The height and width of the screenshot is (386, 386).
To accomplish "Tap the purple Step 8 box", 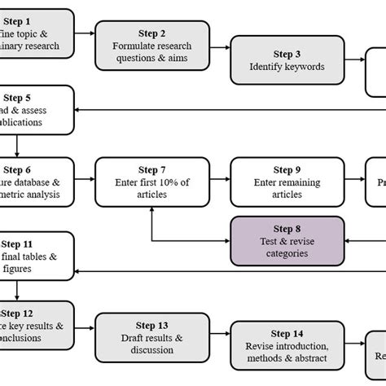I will [286, 240].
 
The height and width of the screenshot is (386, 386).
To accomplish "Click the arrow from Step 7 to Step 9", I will [217, 182].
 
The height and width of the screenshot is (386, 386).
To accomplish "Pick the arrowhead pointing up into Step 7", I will [151, 213].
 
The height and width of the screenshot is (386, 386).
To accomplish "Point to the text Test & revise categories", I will [286, 247].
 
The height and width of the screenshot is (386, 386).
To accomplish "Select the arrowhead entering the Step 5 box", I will [81, 111].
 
